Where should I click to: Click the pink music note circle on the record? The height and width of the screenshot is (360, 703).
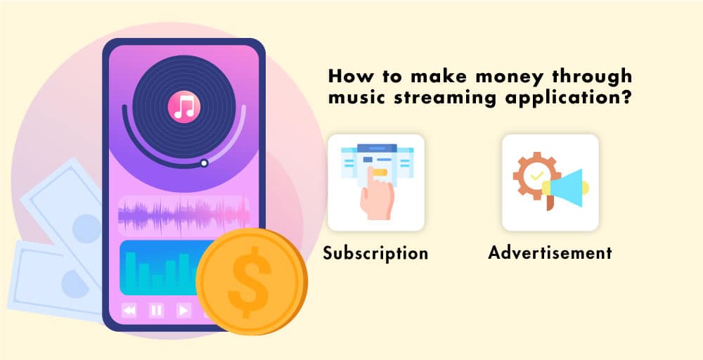click(183, 107)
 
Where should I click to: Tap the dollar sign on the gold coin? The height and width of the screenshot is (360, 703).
click(250, 282)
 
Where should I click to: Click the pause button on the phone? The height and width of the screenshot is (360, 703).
click(157, 310)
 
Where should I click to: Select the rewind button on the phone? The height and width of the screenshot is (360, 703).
click(129, 310)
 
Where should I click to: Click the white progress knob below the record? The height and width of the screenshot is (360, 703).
click(204, 163)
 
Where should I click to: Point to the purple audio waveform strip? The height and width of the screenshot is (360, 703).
click(183, 215)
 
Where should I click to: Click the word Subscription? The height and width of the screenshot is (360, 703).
click(375, 253)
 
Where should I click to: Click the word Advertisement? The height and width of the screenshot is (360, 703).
click(550, 253)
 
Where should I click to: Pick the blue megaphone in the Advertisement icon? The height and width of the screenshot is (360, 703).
click(566, 188)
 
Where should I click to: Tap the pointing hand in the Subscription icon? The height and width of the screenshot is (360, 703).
click(377, 195)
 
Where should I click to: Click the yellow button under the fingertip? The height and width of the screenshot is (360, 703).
click(380, 172)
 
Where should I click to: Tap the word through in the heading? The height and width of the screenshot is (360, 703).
click(591, 77)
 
